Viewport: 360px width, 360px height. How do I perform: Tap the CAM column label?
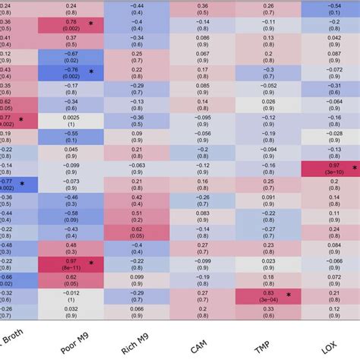point(200,343)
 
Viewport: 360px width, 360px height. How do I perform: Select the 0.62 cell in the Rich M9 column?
point(137,232)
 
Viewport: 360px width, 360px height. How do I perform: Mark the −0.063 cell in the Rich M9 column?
point(137,169)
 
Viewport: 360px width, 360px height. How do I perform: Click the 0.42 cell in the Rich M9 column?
point(137,200)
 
